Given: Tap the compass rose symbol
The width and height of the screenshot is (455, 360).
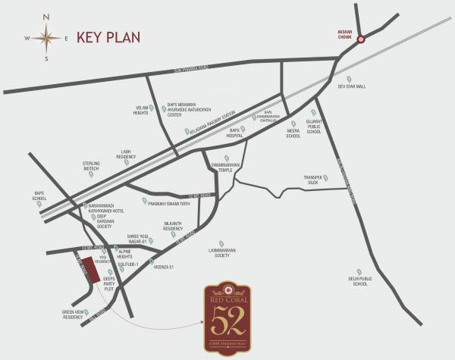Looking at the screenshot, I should point(47,37).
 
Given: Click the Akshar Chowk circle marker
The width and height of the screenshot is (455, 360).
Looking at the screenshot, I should point(361,40).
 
